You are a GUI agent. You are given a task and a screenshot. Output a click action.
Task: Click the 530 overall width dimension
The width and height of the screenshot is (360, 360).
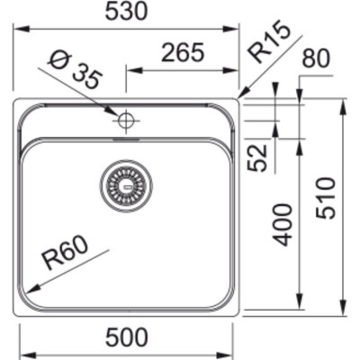pyautogui.click(x=127, y=11)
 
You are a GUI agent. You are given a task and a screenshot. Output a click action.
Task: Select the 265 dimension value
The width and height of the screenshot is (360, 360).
pyautogui.click(x=183, y=52)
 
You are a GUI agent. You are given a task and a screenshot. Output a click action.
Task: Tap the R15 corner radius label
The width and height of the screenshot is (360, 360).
pyautogui.click(x=268, y=41)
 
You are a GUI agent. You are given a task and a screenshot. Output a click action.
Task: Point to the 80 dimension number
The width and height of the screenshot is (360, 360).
pyautogui.click(x=316, y=58)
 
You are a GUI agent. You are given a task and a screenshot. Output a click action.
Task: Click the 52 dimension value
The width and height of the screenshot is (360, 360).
pyautogui.click(x=256, y=157)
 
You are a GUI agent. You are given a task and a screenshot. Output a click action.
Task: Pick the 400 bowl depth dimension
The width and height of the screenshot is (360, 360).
pyautogui.click(x=283, y=224)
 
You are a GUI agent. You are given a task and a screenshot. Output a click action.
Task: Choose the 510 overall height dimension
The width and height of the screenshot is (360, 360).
pyautogui.click(x=325, y=198)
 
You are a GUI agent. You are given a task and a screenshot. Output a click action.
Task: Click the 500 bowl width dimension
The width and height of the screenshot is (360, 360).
pyautogui.click(x=127, y=337)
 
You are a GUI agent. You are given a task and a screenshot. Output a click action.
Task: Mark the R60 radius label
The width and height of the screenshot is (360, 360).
pyautogui.click(x=66, y=253)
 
